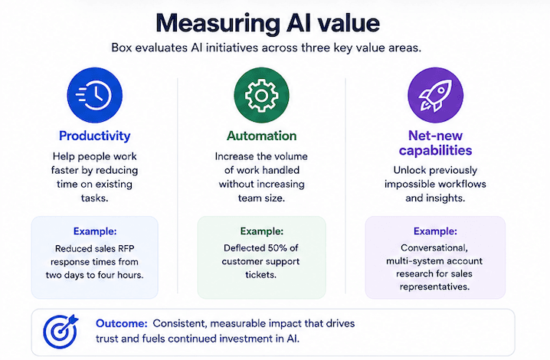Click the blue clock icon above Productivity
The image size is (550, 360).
coord(95,95)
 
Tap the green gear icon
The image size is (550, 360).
coord(262,95)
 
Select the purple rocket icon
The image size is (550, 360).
coord(435,95)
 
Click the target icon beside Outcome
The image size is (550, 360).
coord(61,331)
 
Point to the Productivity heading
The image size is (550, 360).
coord(95,136)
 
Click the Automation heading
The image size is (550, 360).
coord(262,136)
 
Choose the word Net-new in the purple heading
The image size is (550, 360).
coord(435,136)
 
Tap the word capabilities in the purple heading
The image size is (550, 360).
coord(435,151)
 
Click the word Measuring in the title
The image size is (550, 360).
coord(218,24)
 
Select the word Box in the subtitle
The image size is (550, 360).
coord(121,47)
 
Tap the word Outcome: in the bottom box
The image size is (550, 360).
coord(122,323)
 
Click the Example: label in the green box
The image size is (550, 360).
coord(262,231)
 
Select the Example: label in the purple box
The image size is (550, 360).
coord(435,231)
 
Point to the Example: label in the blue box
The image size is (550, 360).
coord(95,231)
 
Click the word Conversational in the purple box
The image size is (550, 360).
coord(434,248)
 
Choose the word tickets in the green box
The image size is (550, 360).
coord(260,275)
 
